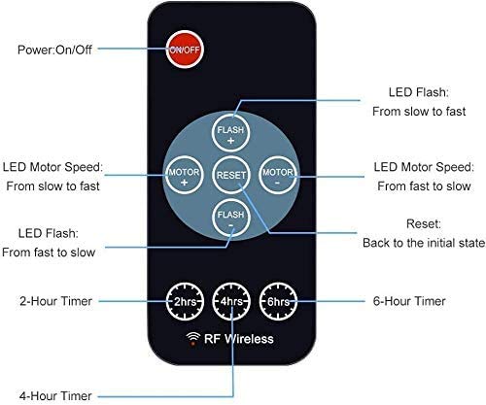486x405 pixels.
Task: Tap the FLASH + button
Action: click(x=230, y=133)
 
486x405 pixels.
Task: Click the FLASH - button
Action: click(x=231, y=218)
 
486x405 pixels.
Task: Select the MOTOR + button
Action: click(x=184, y=175)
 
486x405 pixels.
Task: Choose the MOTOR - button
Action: click(x=278, y=175)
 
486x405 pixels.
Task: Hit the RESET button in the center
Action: click(x=231, y=175)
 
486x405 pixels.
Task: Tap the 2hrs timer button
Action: click(x=185, y=301)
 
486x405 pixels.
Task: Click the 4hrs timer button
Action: click(x=231, y=301)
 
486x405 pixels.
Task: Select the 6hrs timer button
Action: click(x=278, y=301)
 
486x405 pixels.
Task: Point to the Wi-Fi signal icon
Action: click(x=193, y=338)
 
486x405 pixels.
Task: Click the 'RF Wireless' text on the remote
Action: click(x=239, y=339)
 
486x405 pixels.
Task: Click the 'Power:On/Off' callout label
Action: click(x=54, y=50)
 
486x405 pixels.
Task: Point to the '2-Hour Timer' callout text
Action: click(x=55, y=301)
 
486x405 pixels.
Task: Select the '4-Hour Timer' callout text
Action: click(x=55, y=396)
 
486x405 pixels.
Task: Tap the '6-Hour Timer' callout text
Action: click(x=409, y=301)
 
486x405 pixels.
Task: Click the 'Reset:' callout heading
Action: click(x=424, y=223)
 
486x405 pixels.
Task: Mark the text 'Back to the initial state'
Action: click(x=424, y=243)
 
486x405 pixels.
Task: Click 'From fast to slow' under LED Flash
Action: click(x=49, y=253)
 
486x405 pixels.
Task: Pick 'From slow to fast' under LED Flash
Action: click(x=419, y=112)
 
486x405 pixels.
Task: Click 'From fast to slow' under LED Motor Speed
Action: click(x=424, y=186)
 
